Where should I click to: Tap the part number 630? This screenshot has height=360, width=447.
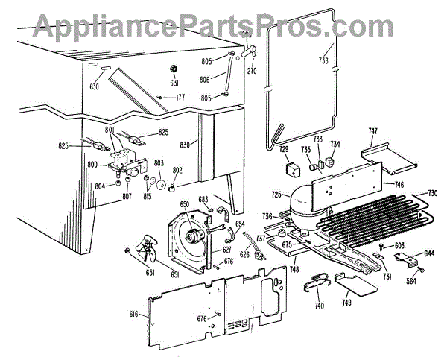tap(95, 86)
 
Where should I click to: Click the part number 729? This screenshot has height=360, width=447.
tap(284, 150)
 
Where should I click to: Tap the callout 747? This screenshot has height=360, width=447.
tap(372, 132)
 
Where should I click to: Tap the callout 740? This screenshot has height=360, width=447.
tap(319, 306)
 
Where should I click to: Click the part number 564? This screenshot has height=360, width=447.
tap(411, 282)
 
